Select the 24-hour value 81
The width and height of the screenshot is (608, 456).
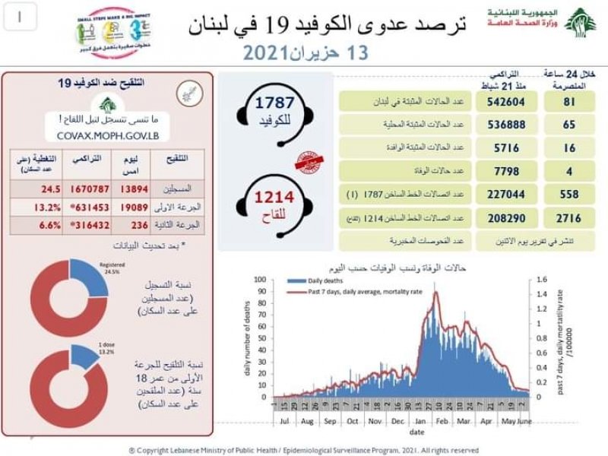(565, 100)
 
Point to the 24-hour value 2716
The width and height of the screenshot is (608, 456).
(565, 219)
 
